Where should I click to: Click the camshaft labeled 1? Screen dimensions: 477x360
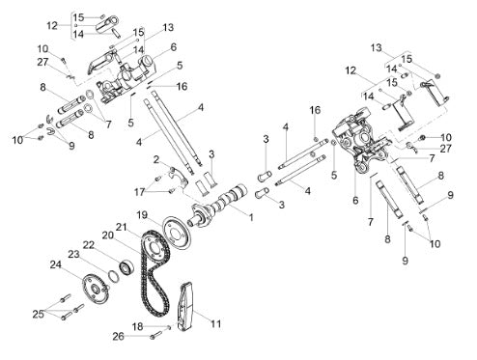point(218,205)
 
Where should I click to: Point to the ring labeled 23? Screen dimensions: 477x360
point(113,276)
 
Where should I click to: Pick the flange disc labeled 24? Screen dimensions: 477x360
point(94,289)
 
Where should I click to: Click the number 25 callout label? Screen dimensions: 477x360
point(39,314)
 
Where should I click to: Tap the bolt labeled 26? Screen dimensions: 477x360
point(155,336)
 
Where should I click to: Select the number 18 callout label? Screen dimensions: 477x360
point(137,326)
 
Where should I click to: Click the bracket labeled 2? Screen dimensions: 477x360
point(178,179)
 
